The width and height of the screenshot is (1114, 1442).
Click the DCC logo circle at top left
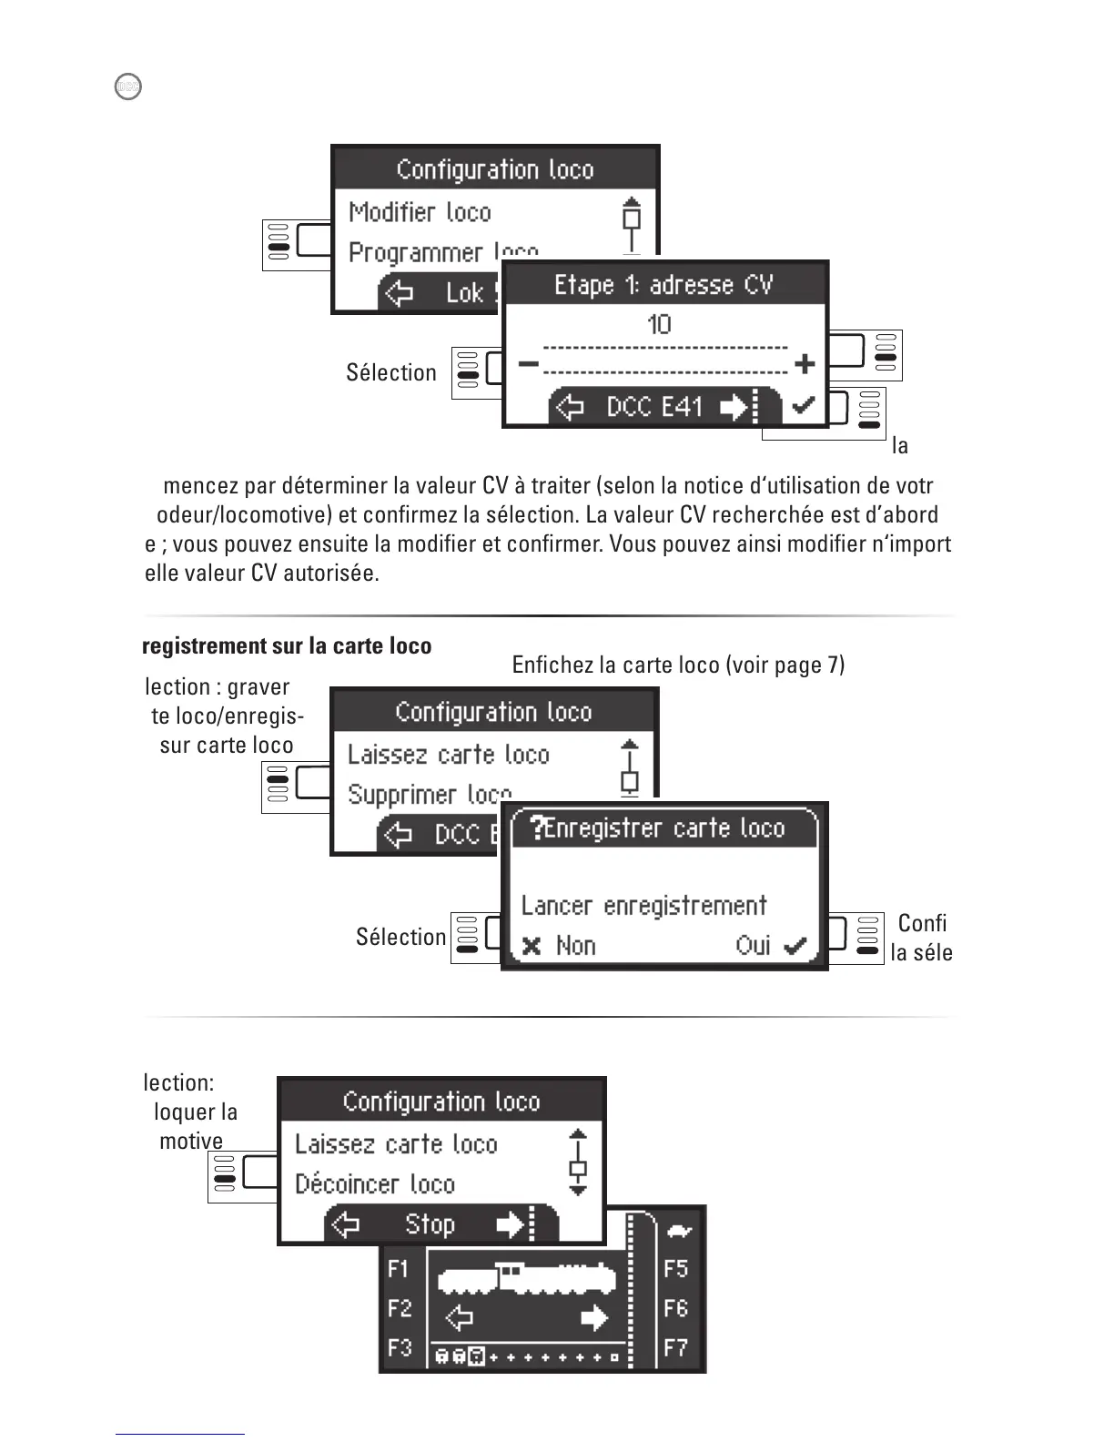pos(128,86)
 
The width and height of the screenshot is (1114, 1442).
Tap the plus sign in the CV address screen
pos(804,364)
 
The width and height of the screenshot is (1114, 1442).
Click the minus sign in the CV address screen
pos(528,364)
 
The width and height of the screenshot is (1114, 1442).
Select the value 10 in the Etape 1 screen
pos(659,325)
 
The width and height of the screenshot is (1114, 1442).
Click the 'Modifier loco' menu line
pos(420,212)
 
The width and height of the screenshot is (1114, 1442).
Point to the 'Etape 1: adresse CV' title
pos(663,285)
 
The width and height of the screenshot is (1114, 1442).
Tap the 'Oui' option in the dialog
pos(754,946)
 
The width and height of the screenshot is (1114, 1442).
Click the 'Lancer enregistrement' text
pos(643,906)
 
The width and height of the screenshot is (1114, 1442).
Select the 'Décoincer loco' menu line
pos(374,1184)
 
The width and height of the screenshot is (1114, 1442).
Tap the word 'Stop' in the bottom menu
pos(430,1224)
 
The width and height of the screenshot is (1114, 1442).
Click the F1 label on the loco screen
pos(399,1269)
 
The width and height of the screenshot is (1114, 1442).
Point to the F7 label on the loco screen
pos(675,1347)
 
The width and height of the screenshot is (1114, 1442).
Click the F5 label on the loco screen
pos(675,1269)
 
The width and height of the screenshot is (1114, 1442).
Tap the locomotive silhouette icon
pos(528,1278)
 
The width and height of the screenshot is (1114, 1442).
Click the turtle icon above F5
pos(679,1232)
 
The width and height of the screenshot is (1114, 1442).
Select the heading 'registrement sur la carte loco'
pos(287,646)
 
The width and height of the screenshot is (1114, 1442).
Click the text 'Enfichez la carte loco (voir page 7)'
pos(678,665)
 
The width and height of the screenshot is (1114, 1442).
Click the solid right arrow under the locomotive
pos(593,1317)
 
